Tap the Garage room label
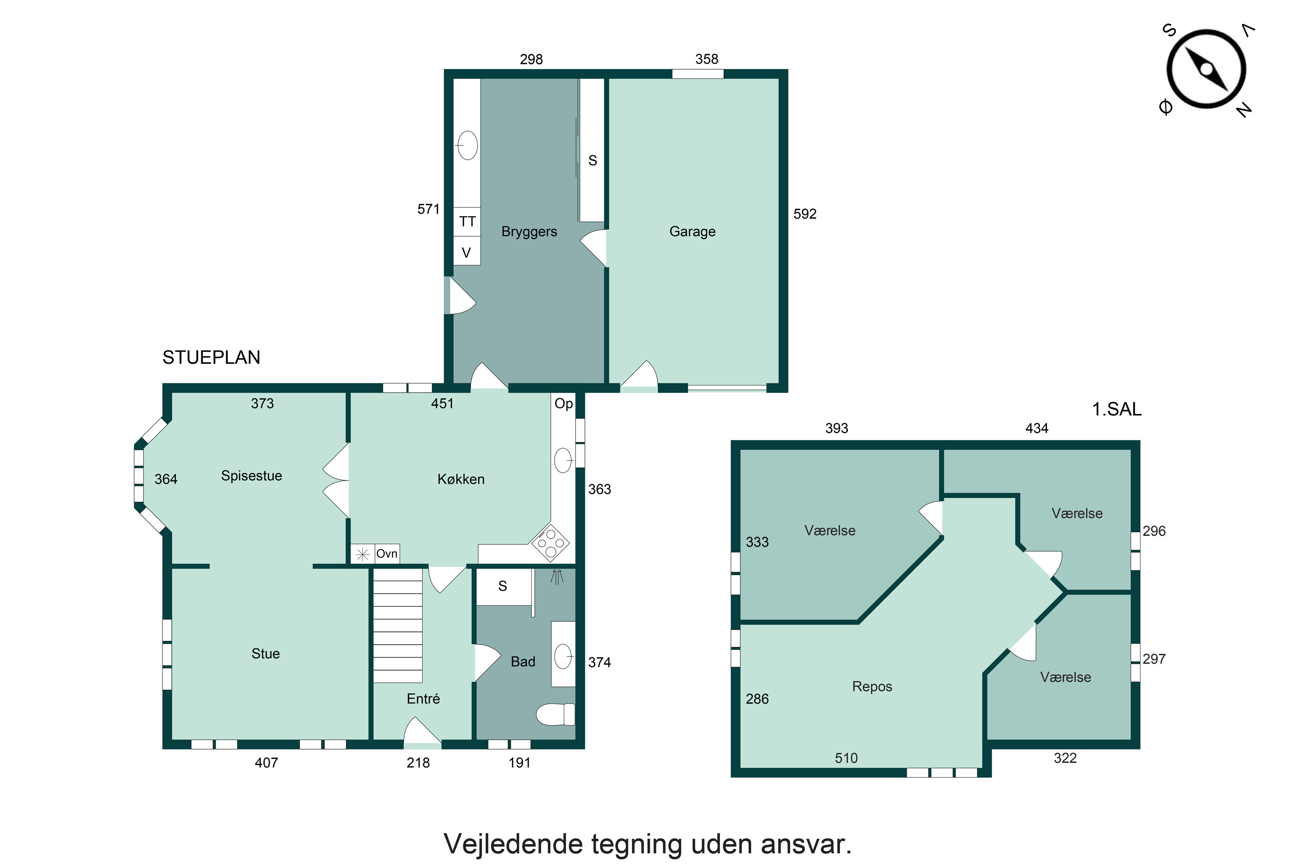click(x=692, y=231)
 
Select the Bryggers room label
click(x=529, y=231)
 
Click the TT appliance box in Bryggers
click(x=467, y=221)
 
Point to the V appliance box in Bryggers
click(x=466, y=252)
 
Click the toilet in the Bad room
click(x=555, y=714)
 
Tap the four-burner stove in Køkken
click(x=550, y=543)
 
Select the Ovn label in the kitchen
click(x=387, y=553)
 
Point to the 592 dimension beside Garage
click(x=804, y=214)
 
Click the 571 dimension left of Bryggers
click(x=428, y=209)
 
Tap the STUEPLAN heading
click(x=211, y=357)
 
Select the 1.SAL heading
click(x=1116, y=409)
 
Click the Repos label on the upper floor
click(x=872, y=686)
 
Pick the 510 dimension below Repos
click(x=846, y=758)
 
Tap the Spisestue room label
click(x=251, y=475)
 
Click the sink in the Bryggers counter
click(x=467, y=145)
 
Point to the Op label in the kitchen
click(x=563, y=403)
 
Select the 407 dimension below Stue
click(x=266, y=763)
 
